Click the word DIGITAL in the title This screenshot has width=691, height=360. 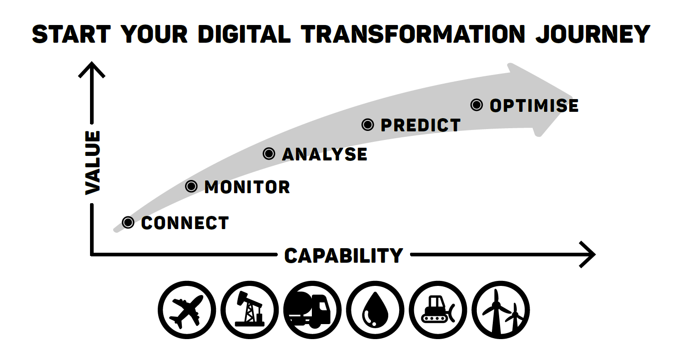(x=244, y=34)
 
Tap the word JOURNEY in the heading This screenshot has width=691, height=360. (x=593, y=34)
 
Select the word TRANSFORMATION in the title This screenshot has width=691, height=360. (x=413, y=34)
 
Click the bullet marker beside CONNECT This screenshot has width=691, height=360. (x=128, y=222)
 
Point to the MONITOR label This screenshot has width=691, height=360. (x=247, y=187)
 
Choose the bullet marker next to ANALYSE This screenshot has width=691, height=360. (x=269, y=153)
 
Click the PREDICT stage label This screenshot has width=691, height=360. (x=421, y=125)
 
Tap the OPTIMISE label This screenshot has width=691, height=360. (x=534, y=105)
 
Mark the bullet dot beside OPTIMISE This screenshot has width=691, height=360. (x=476, y=105)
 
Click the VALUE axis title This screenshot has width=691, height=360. (x=93, y=163)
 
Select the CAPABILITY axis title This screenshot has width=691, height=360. (x=344, y=255)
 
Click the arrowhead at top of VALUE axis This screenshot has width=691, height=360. (x=92, y=63)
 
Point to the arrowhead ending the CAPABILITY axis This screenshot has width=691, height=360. (x=595, y=255)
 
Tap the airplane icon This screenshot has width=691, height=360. (x=187, y=310)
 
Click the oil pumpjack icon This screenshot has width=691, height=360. (x=250, y=310)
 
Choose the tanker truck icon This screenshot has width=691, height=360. (x=312, y=310)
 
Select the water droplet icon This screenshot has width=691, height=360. (x=375, y=310)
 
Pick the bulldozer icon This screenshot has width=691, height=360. (x=438, y=310)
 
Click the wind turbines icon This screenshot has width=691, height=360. (x=501, y=310)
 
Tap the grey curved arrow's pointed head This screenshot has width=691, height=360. (x=572, y=97)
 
